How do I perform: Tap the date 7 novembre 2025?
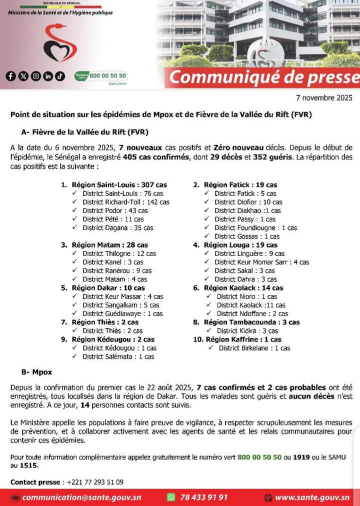[324, 98]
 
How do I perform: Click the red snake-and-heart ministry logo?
[59, 44]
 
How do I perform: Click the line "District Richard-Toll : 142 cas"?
[125, 202]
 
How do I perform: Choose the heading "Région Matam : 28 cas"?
[110, 245]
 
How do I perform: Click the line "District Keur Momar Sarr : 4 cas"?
[261, 262]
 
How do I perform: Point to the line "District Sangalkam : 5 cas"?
[120, 305]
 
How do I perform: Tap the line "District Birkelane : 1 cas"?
[254, 348]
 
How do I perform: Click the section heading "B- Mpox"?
[37, 373]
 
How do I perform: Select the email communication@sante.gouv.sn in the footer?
[81, 497]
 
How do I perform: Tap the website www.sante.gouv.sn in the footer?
[312, 497]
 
